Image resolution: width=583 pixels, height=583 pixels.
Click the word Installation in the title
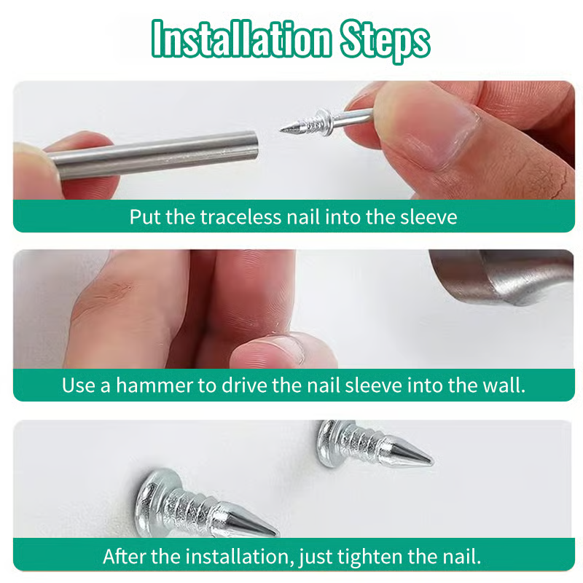(x=241, y=39)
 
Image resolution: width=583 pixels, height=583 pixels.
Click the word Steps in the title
(x=385, y=41)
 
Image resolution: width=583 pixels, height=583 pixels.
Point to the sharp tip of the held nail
(x=281, y=130)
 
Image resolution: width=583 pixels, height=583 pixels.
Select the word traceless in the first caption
(x=240, y=216)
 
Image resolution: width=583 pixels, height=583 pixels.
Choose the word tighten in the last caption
(x=369, y=557)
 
